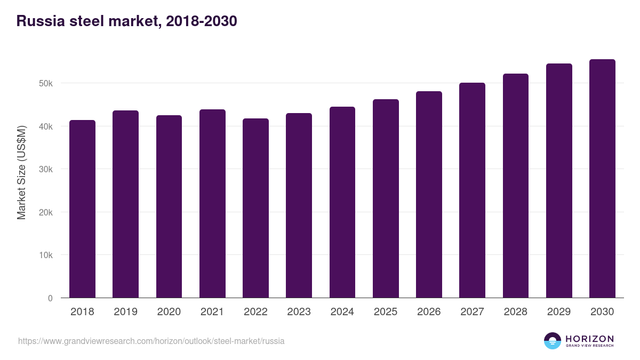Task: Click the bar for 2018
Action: pos(82,209)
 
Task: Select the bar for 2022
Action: pos(255,208)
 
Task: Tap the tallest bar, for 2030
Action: pos(602,179)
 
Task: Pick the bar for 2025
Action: pos(386,198)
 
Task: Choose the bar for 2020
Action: pos(169,206)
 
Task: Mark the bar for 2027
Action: pos(472,190)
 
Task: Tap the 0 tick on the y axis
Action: pos(50,298)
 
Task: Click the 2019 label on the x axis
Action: pos(125,312)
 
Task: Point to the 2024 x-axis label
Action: pos(342,312)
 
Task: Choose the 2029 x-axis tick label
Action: pos(558,312)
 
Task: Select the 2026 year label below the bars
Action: pos(429,312)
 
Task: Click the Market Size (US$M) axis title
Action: pos(21,172)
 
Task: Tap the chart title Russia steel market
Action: pos(127,21)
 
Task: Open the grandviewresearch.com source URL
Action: pos(151,341)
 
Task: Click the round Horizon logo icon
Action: pos(553,341)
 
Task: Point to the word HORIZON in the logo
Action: pos(589,339)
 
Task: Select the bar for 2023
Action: pos(299,205)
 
